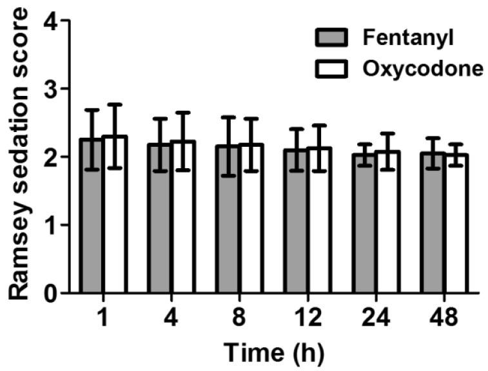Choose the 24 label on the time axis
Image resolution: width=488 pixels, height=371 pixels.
(376, 317)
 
